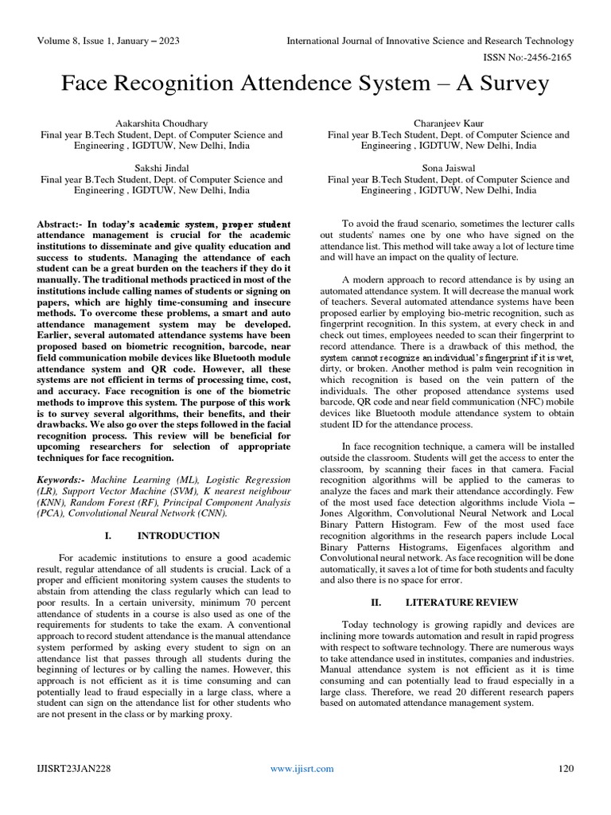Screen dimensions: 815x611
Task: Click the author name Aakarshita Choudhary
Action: pyautogui.click(x=162, y=123)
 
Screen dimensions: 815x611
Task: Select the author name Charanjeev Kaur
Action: pyautogui.click(x=448, y=123)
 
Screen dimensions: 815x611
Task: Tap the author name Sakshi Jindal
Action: pyautogui.click(x=162, y=168)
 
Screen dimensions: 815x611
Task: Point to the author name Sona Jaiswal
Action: pyautogui.click(x=448, y=168)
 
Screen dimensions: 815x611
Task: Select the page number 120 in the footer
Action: pyautogui.click(x=566, y=768)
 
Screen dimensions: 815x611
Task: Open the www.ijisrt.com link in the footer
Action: pyautogui.click(x=302, y=768)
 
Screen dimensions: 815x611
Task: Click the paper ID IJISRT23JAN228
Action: pyautogui.click(x=73, y=768)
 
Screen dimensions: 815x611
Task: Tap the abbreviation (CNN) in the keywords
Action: pyautogui.click(x=212, y=513)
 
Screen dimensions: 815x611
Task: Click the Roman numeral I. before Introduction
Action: pyautogui.click(x=109, y=536)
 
